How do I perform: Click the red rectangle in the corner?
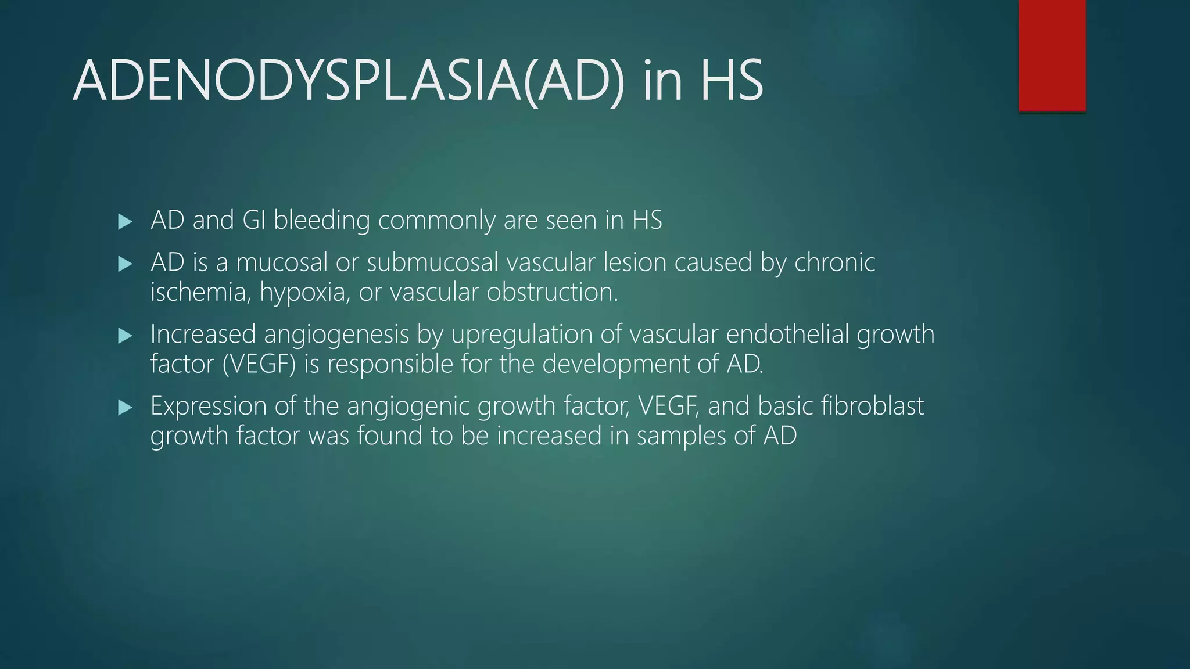click(x=1052, y=55)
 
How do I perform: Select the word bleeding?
click(x=321, y=221)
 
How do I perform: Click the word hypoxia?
click(x=304, y=292)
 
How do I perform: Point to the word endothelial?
click(x=787, y=334)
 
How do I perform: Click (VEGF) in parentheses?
click(x=259, y=364)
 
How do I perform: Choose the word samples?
click(x=681, y=436)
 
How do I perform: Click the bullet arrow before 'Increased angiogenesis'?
click(x=125, y=336)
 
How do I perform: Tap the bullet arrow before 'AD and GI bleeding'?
click(x=125, y=221)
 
